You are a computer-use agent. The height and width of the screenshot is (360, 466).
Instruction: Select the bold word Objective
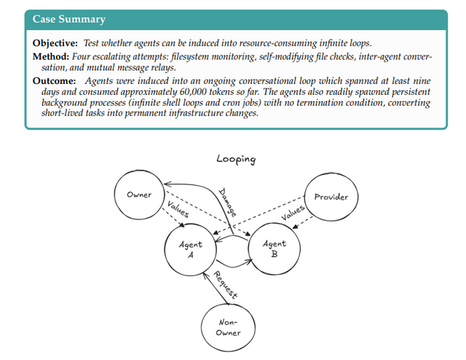click(x=56, y=44)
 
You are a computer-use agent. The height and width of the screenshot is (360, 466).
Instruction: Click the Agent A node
click(x=191, y=250)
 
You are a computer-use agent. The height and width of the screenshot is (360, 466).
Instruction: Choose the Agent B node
click(x=275, y=249)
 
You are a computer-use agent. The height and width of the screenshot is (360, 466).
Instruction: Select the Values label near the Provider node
click(x=293, y=213)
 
